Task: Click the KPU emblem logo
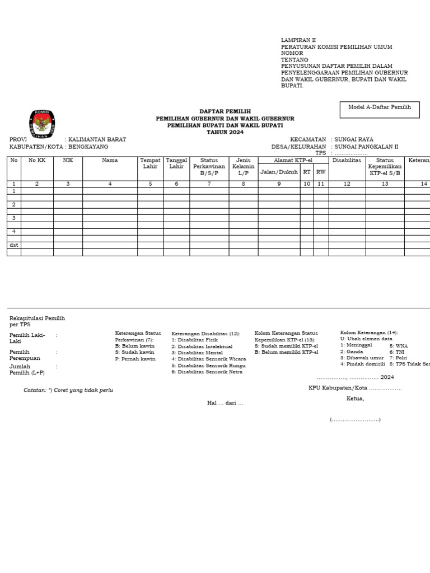(42, 124)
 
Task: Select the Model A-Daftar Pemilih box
(379, 110)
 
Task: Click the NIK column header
(68, 161)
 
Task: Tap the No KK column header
(37, 161)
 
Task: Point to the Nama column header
(110, 161)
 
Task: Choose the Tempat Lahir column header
(150, 163)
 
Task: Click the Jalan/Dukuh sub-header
(279, 172)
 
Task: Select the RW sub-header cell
(321, 172)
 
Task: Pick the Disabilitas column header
(347, 161)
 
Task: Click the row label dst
(13, 245)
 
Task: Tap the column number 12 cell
(347, 184)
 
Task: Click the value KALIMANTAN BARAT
(97, 139)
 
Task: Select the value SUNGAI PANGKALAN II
(366, 147)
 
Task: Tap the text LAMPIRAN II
(298, 40)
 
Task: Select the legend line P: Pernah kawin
(135, 359)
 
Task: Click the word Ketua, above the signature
(355, 399)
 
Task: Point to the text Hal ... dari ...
(225, 403)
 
